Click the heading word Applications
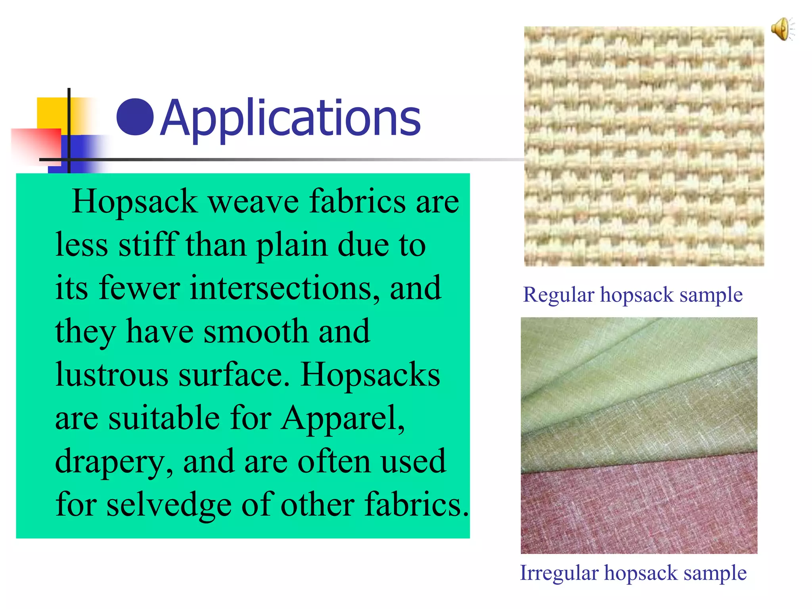click(x=290, y=118)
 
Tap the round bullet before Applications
click(x=135, y=117)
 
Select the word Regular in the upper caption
click(x=559, y=295)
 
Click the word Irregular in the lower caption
click(x=559, y=573)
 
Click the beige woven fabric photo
click(x=644, y=146)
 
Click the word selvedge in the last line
click(x=169, y=505)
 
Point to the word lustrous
click(x=112, y=375)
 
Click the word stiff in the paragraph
click(x=147, y=245)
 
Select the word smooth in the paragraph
click(x=256, y=331)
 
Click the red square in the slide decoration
click(x=36, y=145)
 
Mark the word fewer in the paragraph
click(x=140, y=288)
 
